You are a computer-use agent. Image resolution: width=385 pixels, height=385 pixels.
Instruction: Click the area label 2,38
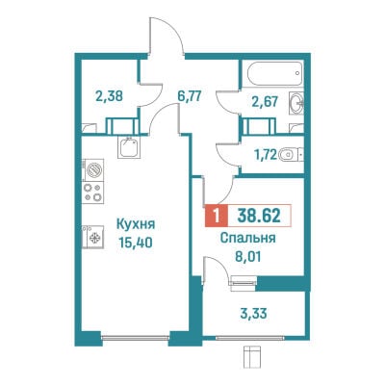109,96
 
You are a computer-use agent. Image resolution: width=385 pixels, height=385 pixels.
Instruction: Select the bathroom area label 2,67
265,102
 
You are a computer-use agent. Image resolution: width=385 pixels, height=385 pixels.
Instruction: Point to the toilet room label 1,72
266,156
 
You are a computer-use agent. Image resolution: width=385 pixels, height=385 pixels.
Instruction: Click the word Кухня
136,224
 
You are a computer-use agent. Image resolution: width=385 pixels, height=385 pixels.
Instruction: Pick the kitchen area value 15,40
136,243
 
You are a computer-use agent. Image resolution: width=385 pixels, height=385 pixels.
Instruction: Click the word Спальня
248,238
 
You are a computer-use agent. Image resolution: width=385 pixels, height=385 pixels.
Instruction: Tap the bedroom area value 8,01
247,257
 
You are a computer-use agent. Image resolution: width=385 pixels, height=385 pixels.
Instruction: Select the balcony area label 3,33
253,314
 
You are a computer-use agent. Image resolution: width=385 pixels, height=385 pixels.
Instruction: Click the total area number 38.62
259,216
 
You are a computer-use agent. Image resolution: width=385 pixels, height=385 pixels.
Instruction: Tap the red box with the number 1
217,216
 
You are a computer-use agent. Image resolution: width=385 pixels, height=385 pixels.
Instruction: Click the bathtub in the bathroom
275,73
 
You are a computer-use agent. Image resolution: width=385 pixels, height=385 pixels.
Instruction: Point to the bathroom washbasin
296,103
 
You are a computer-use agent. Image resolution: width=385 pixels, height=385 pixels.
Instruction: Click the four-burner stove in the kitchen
92,192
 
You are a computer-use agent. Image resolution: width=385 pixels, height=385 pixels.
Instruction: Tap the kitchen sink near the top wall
129,147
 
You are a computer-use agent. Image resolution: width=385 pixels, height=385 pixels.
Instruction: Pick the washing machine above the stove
92,169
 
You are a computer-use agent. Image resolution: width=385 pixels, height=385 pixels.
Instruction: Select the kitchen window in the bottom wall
135,338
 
